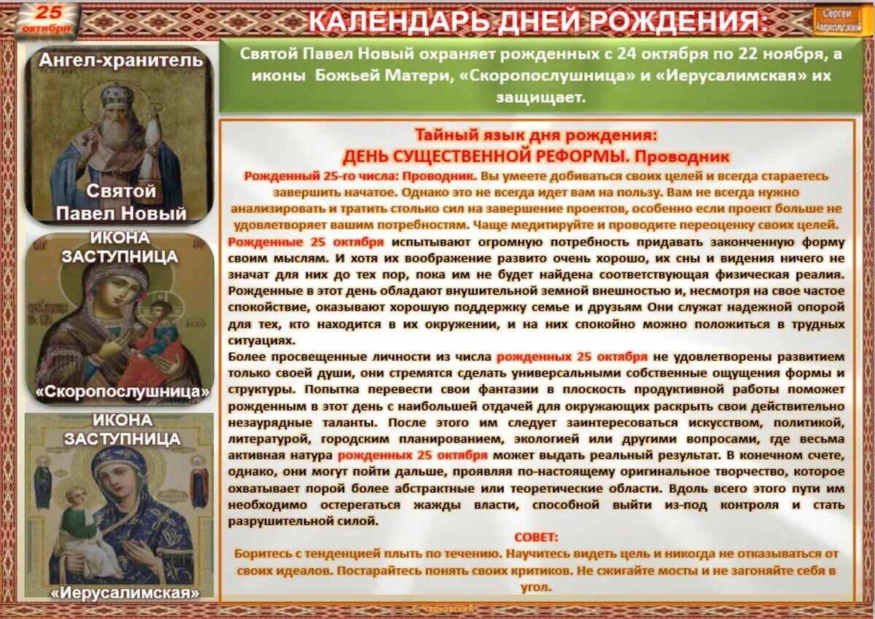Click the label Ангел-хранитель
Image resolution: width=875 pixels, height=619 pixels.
(x=121, y=61)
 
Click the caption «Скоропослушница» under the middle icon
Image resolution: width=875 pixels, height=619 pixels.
(x=121, y=391)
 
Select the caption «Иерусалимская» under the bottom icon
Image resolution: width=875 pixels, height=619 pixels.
(x=125, y=593)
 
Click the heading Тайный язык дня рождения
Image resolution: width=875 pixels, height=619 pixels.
(x=536, y=136)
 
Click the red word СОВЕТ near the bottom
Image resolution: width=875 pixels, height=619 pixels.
(x=536, y=537)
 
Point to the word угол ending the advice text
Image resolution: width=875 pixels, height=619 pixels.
(x=536, y=587)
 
